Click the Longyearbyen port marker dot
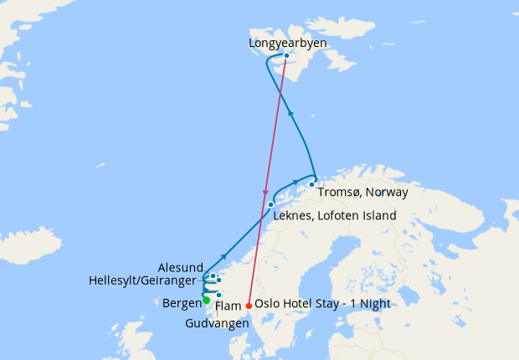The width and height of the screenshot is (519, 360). tap(287, 56)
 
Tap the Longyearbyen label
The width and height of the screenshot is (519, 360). tap(287, 43)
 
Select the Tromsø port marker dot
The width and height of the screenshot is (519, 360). tap(311, 184)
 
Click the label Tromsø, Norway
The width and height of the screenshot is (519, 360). tap(363, 193)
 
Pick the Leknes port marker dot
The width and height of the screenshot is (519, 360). tap(270, 204)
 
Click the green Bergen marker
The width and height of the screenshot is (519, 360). tap(207, 301)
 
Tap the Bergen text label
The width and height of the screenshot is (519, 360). tap(181, 301)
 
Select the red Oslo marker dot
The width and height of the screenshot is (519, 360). tap(249, 306)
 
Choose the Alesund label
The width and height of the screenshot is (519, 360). tap(180, 267)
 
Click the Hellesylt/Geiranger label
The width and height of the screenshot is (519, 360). tap(143, 280)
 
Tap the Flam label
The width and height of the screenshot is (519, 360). tap(229, 306)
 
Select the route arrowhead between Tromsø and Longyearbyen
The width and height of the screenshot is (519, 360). tap(290, 111)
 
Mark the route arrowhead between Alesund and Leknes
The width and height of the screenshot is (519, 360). tap(224, 255)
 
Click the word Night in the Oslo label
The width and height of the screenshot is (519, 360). tap(373, 304)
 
